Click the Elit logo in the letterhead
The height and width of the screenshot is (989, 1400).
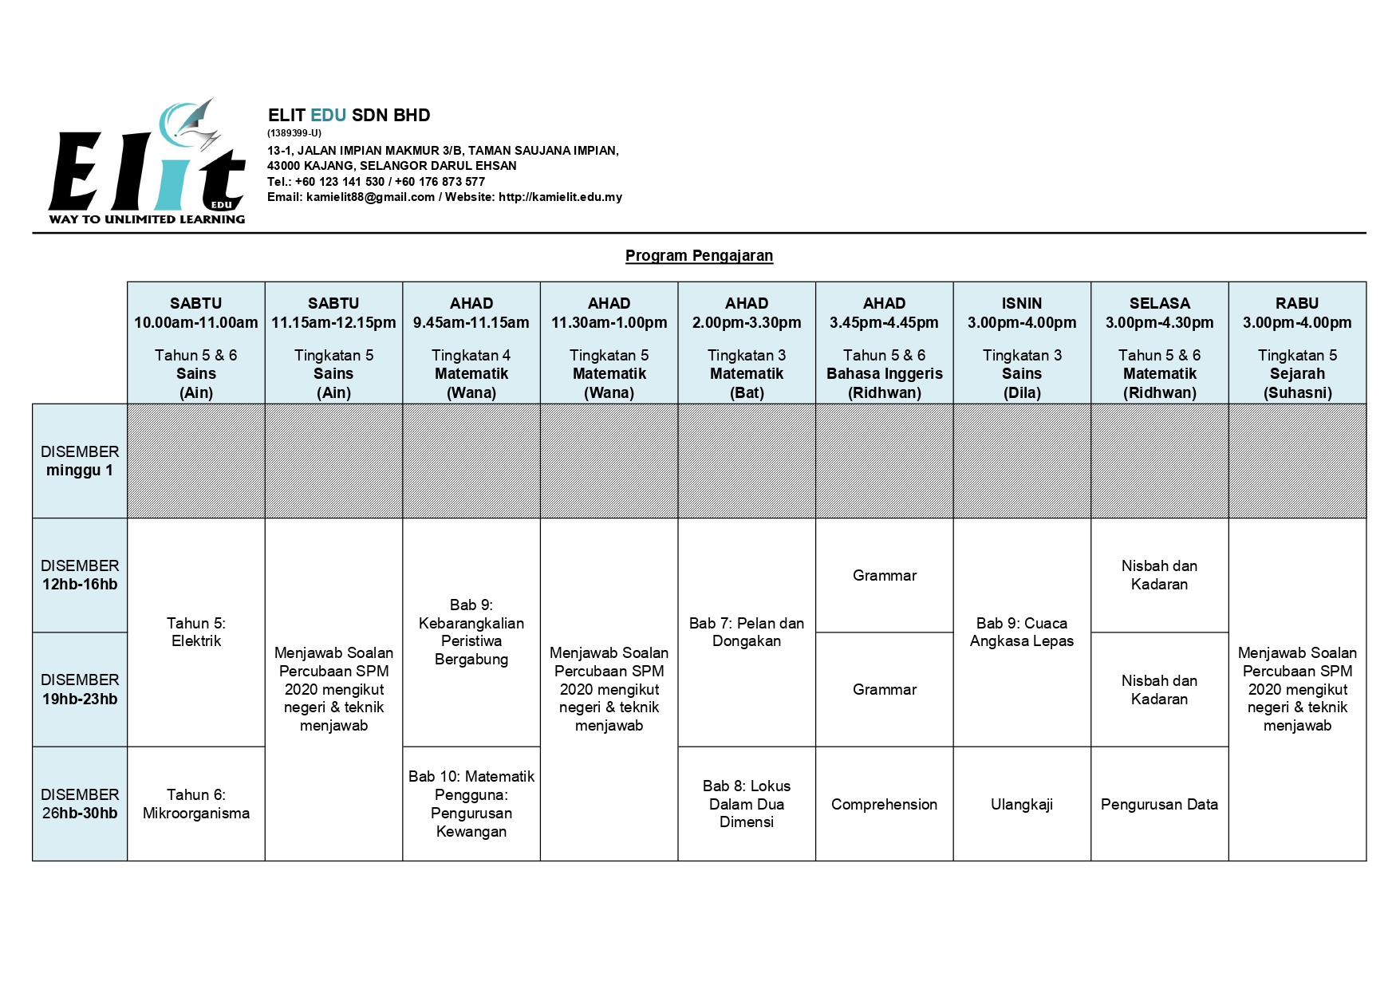point(147,164)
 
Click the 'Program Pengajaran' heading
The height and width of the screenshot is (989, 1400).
point(699,255)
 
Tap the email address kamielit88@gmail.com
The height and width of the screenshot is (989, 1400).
point(370,197)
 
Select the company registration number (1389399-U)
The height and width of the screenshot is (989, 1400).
point(294,133)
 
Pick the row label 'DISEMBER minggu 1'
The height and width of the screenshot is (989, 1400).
point(80,461)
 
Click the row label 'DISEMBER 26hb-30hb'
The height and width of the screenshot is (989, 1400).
point(80,804)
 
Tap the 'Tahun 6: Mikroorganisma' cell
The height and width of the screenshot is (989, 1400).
point(196,804)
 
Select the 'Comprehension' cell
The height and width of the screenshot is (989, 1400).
point(884,804)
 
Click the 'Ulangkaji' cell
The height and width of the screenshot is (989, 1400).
point(1022,804)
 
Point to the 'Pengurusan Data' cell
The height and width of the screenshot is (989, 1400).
point(1159,804)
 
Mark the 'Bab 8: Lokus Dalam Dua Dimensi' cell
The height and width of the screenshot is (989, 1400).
point(747,804)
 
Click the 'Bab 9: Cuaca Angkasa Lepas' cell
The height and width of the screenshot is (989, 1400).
point(1022,632)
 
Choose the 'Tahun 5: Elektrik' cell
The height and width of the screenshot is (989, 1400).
point(196,632)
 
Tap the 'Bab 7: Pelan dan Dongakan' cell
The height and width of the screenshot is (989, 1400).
point(747,632)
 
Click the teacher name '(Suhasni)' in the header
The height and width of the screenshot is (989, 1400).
point(1297,392)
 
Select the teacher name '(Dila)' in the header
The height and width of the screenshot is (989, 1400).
point(1022,392)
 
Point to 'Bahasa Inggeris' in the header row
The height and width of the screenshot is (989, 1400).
point(884,373)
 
